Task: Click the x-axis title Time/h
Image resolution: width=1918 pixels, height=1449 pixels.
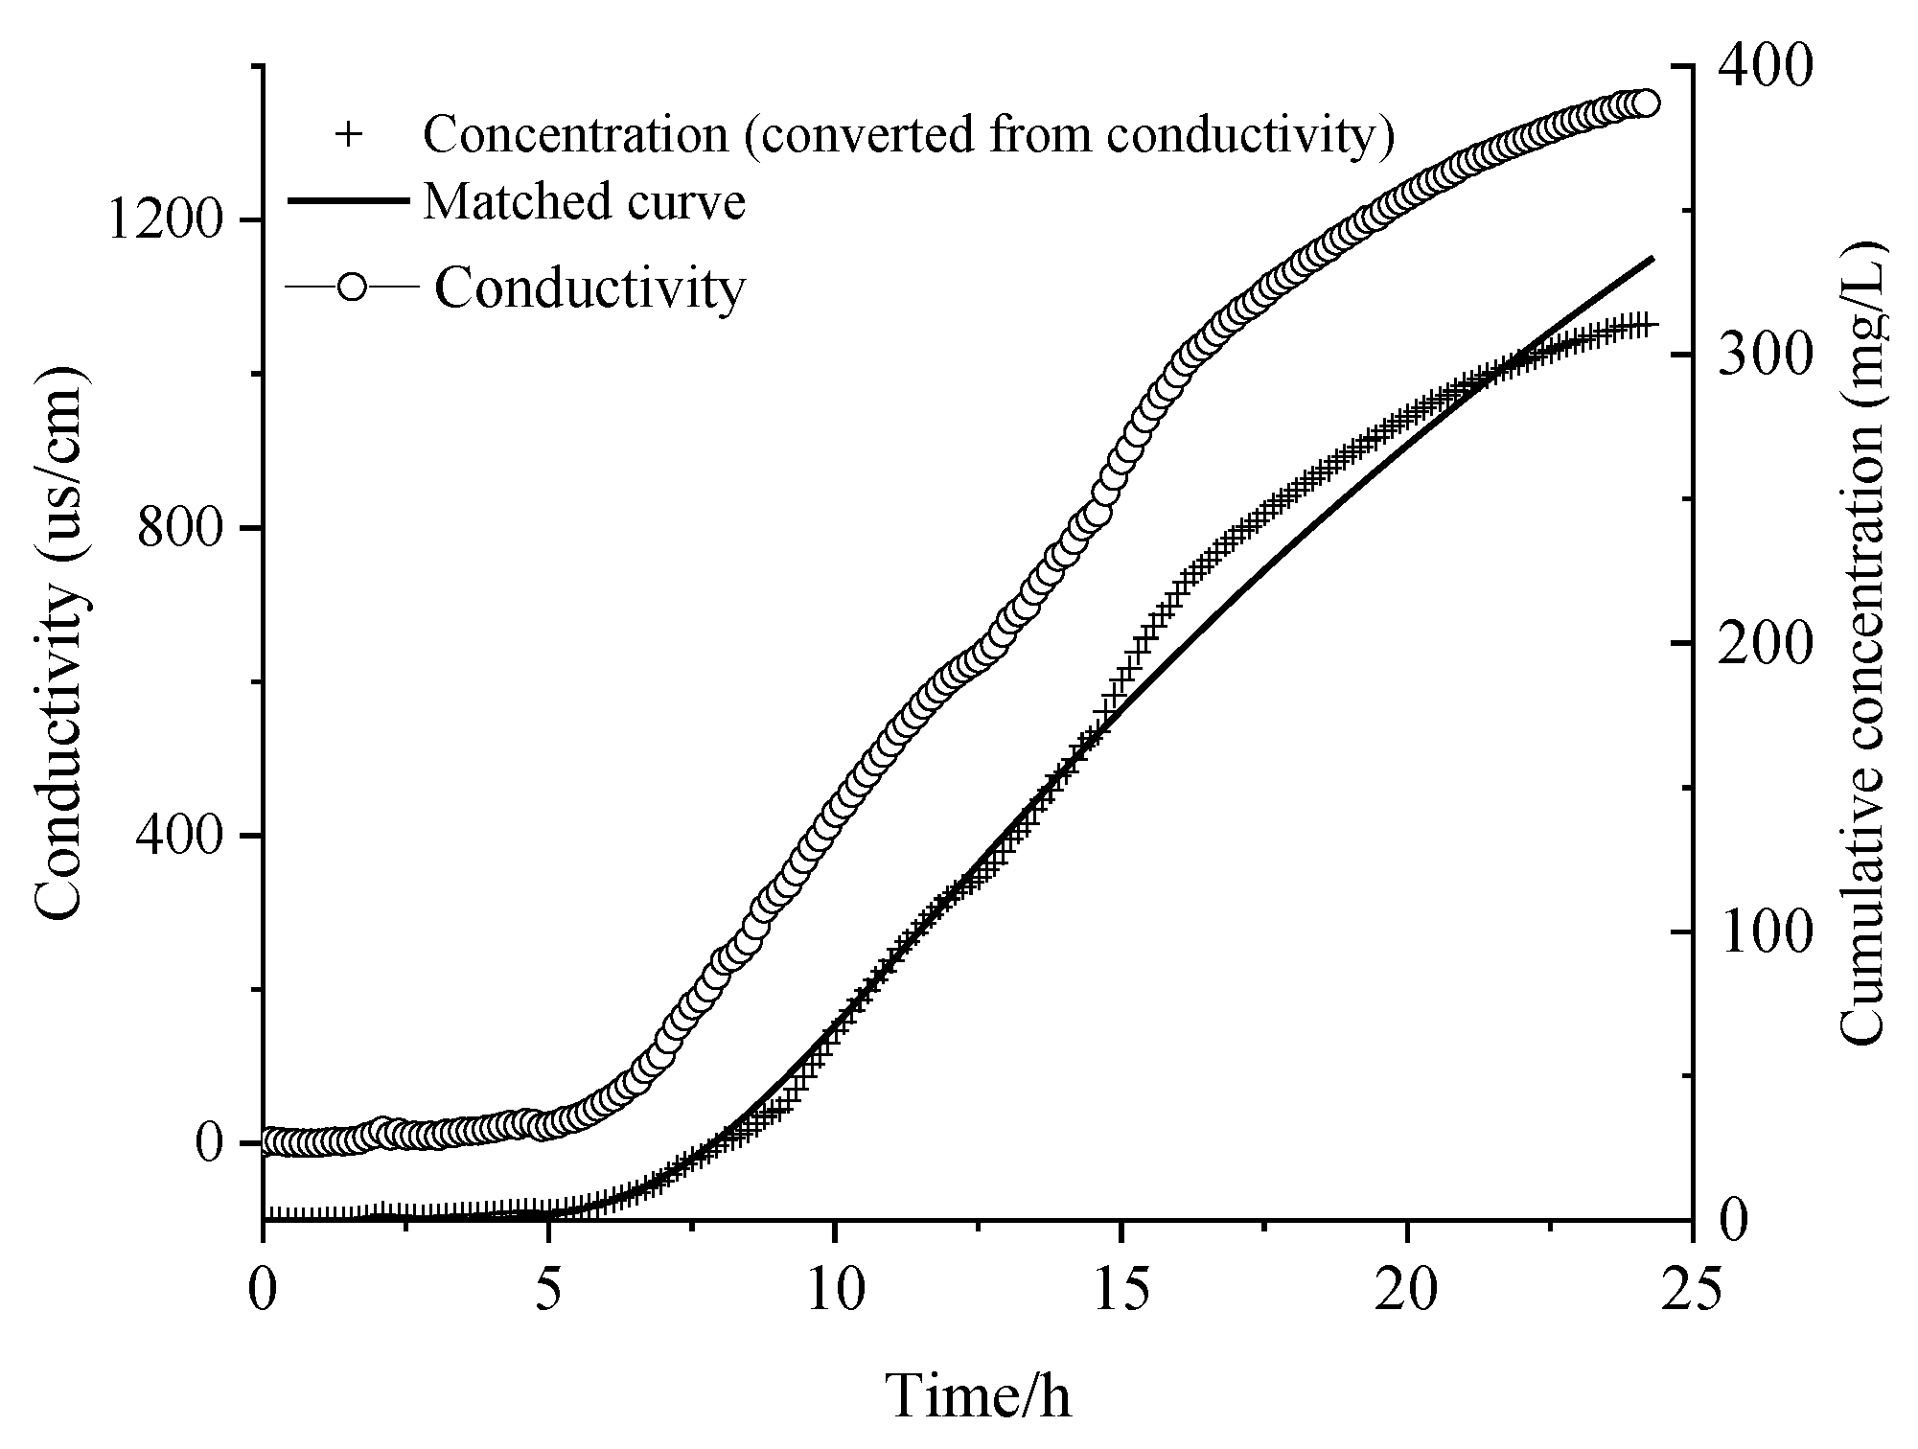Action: (x=979, y=1396)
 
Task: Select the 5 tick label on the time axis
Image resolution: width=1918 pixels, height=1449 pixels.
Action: (x=548, y=1292)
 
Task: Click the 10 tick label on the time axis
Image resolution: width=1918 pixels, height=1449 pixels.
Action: (x=835, y=1292)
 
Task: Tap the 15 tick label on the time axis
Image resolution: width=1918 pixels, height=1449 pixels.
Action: (x=1121, y=1292)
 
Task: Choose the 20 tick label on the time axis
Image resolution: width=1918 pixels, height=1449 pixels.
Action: (x=1406, y=1292)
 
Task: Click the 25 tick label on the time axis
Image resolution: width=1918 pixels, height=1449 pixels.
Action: (x=1692, y=1292)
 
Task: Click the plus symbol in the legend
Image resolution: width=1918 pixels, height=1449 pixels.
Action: (x=349, y=135)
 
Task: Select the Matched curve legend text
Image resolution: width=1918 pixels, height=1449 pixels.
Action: (x=585, y=202)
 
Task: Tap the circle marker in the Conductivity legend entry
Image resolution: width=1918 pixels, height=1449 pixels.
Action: (x=352, y=287)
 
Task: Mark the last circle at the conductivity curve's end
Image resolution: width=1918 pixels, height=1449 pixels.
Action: (x=1645, y=103)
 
